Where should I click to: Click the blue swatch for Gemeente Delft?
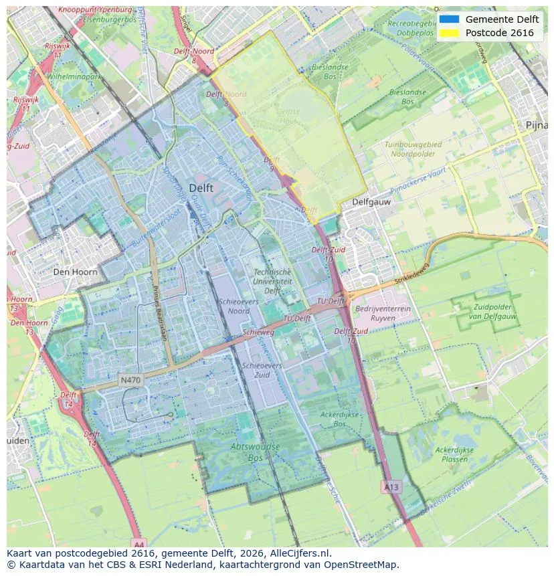tap(449, 19)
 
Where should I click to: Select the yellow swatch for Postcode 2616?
tap(449, 33)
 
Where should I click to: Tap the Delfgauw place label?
tap(371, 201)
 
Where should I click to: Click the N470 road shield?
tap(130, 380)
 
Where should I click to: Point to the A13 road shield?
tap(391, 487)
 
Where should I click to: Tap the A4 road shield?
tap(138, 543)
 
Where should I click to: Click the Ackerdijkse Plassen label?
tap(455, 455)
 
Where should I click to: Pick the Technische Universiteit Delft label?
tap(272, 282)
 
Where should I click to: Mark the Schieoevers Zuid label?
tap(262, 371)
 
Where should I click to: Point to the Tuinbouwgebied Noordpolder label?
tap(413, 149)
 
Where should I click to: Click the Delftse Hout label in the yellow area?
tap(288, 117)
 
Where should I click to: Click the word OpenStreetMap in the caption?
tap(364, 565)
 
